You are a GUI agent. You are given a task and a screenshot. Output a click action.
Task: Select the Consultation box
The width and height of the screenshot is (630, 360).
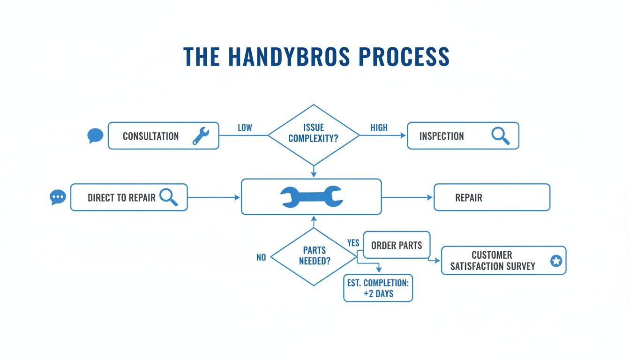click(x=163, y=136)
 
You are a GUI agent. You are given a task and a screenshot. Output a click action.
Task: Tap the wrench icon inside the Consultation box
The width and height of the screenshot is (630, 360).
click(x=201, y=136)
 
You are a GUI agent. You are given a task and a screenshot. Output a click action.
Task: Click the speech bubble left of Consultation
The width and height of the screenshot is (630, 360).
click(x=95, y=136)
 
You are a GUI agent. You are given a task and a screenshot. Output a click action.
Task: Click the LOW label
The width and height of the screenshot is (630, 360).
click(x=245, y=128)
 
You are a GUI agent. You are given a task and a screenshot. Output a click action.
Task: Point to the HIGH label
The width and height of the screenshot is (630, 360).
click(x=379, y=128)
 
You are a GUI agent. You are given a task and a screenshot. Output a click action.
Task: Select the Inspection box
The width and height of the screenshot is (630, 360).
click(x=463, y=136)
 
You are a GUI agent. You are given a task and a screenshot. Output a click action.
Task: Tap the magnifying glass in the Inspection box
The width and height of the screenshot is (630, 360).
click(x=500, y=136)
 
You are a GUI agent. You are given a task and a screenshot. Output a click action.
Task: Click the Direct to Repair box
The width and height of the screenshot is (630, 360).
click(x=128, y=197)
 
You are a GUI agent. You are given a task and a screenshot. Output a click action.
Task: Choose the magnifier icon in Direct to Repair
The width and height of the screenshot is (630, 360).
click(x=168, y=197)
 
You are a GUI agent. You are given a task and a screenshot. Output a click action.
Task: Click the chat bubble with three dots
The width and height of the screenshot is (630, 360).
click(x=58, y=197)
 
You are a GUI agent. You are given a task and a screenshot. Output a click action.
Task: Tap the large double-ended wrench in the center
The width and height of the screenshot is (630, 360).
click(x=311, y=197)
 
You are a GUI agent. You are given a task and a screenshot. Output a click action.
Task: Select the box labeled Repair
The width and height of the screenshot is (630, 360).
click(x=491, y=197)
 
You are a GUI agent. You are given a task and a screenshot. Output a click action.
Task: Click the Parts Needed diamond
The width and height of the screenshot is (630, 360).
click(x=314, y=256)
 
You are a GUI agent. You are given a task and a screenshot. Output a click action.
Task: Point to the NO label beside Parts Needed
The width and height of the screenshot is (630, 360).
click(x=261, y=257)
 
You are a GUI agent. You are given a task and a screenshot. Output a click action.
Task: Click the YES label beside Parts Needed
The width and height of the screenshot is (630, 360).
click(x=353, y=243)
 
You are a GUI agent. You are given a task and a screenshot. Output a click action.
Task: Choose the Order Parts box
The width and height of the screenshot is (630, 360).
click(x=397, y=245)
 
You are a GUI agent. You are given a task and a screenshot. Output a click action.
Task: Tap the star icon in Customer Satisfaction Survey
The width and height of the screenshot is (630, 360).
click(x=556, y=261)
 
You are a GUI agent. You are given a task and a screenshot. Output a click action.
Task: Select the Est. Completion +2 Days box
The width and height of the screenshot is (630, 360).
click(x=378, y=288)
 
